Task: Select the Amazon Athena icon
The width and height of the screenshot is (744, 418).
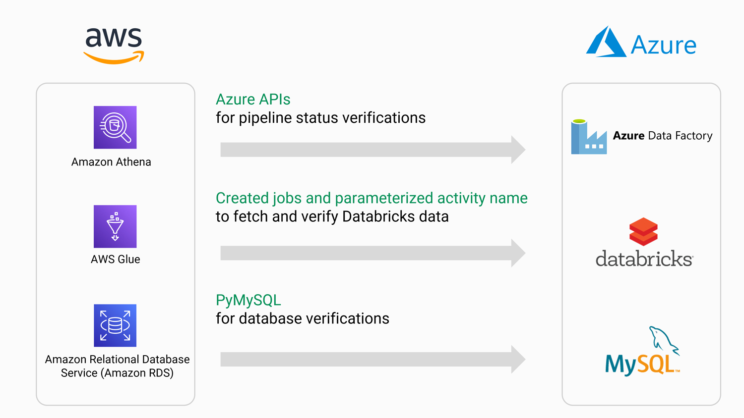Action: (115, 127)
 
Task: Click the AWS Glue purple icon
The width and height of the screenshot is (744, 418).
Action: (115, 226)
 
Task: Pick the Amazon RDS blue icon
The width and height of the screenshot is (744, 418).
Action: (115, 325)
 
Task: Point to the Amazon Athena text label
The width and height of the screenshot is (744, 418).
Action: (111, 162)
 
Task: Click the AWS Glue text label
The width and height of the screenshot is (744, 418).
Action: (115, 260)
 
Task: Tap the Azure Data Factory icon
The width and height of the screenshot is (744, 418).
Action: (589, 137)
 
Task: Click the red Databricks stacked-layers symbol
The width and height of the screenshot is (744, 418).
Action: (643, 232)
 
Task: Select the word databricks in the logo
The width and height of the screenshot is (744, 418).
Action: (644, 259)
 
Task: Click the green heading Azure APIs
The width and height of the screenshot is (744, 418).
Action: (253, 100)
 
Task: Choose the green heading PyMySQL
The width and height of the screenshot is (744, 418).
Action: (248, 300)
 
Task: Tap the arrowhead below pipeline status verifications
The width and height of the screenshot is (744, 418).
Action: (518, 150)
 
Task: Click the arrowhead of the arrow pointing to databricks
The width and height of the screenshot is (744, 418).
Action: (518, 253)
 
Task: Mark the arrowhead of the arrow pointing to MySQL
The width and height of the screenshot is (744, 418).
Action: (518, 359)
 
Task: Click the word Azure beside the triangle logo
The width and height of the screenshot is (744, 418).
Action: (663, 45)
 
